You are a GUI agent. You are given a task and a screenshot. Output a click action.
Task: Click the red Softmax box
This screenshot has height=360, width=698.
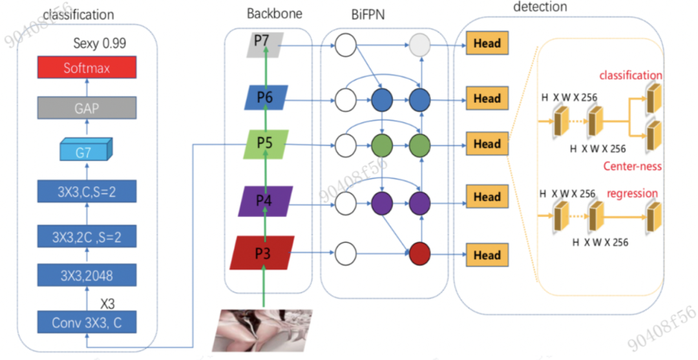[87, 67]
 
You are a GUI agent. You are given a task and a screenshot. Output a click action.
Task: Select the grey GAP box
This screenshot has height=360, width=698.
[87, 108]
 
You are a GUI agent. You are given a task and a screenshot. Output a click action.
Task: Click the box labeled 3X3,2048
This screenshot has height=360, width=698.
[87, 275]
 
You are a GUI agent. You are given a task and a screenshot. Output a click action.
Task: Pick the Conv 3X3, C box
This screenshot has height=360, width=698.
[87, 321]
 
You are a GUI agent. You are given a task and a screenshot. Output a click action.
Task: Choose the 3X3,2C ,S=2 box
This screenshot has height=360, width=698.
[87, 236]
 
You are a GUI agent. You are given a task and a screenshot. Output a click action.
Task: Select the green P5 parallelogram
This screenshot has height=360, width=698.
[264, 143]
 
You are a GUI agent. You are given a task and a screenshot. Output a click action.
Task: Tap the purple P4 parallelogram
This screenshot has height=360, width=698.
[264, 200]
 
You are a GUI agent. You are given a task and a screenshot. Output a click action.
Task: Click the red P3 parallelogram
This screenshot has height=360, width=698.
[262, 253]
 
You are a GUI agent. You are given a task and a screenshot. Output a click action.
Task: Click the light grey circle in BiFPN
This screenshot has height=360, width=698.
[420, 45]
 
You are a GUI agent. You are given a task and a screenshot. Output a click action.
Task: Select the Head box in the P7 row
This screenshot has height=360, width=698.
[487, 44]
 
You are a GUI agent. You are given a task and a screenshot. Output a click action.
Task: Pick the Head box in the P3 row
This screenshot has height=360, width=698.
[487, 255]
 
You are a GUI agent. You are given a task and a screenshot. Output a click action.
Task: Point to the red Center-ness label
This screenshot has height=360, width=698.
[632, 166]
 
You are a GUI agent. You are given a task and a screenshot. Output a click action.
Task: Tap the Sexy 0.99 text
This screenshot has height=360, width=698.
[100, 44]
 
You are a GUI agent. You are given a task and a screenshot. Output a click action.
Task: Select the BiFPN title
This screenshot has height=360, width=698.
[367, 14]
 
